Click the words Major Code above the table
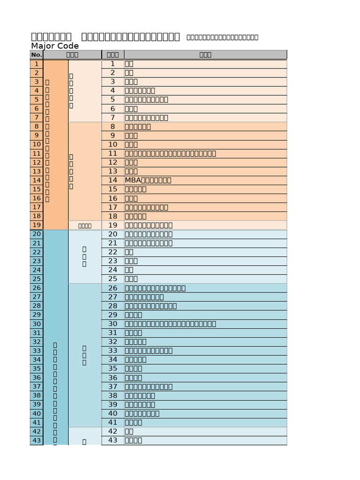pos(55,46)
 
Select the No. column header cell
pos(37,55)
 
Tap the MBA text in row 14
pos(131,180)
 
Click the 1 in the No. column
pos(37,64)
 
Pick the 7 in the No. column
pos(37,118)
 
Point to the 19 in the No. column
pos(37,225)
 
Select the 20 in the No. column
pos(37,234)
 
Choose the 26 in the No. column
pos(37,288)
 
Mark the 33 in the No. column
pos(37,351)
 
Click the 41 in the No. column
pos(37,422)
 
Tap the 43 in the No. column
pos(37,440)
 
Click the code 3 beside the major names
pos(112,82)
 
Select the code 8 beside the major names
pos(112,127)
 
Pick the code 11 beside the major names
pos(112,153)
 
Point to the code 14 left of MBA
pos(112,180)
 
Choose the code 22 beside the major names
pos(112,252)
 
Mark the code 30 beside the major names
pos(112,324)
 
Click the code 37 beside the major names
pos(112,387)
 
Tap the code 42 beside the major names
pos(112,431)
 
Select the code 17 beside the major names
pos(112,207)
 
